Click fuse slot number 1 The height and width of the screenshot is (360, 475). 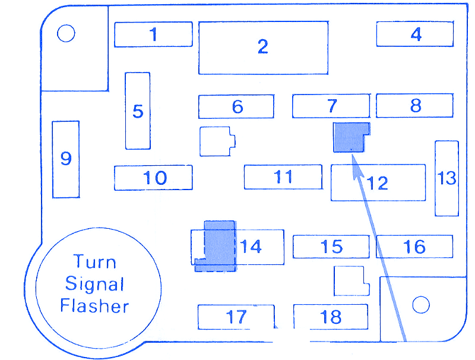pos(153,34)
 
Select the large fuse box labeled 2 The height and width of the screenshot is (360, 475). pos(263,48)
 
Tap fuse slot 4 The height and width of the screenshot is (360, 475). pos(416,34)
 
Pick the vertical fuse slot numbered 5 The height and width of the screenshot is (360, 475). pos(138,110)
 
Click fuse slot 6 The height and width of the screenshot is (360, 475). pos(236,106)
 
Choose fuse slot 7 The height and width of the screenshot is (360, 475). pos(331,106)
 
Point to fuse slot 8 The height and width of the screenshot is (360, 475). pos(415,106)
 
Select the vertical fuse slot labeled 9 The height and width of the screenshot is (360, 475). pos(65,159)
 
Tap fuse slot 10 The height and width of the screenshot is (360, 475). pos(153,178)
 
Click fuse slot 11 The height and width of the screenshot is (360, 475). pos(283,176)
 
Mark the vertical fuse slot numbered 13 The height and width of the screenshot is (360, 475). pos(446,178)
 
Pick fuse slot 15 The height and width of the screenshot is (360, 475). pos(331,246)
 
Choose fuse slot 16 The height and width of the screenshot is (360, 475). pos(414,246)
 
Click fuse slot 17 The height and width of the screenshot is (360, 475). pos(236,317)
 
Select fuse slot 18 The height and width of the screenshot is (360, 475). pos(331,317)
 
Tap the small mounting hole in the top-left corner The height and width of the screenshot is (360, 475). pos(66,34)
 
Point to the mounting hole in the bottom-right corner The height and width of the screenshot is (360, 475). pos(420,305)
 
